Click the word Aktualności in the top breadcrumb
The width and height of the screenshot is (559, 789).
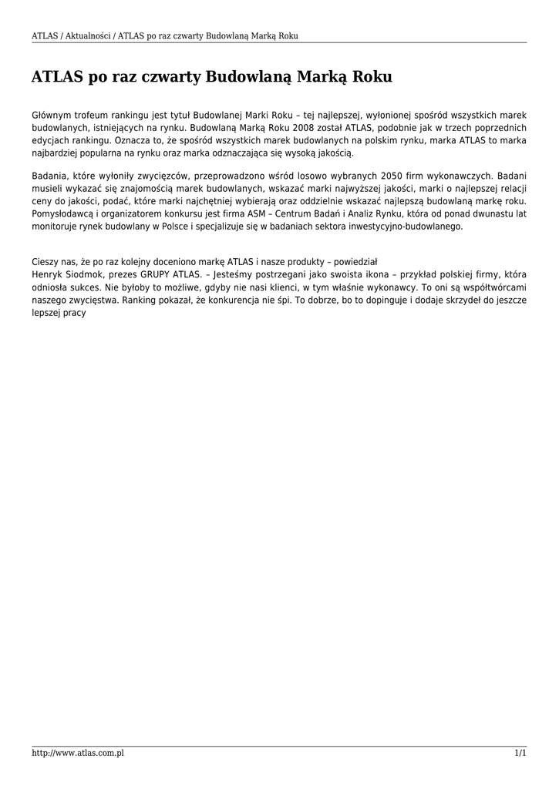(x=86, y=35)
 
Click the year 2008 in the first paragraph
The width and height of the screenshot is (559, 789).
(x=298, y=128)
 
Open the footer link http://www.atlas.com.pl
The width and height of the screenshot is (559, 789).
(x=78, y=753)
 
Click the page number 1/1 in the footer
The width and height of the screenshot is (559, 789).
(x=520, y=753)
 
